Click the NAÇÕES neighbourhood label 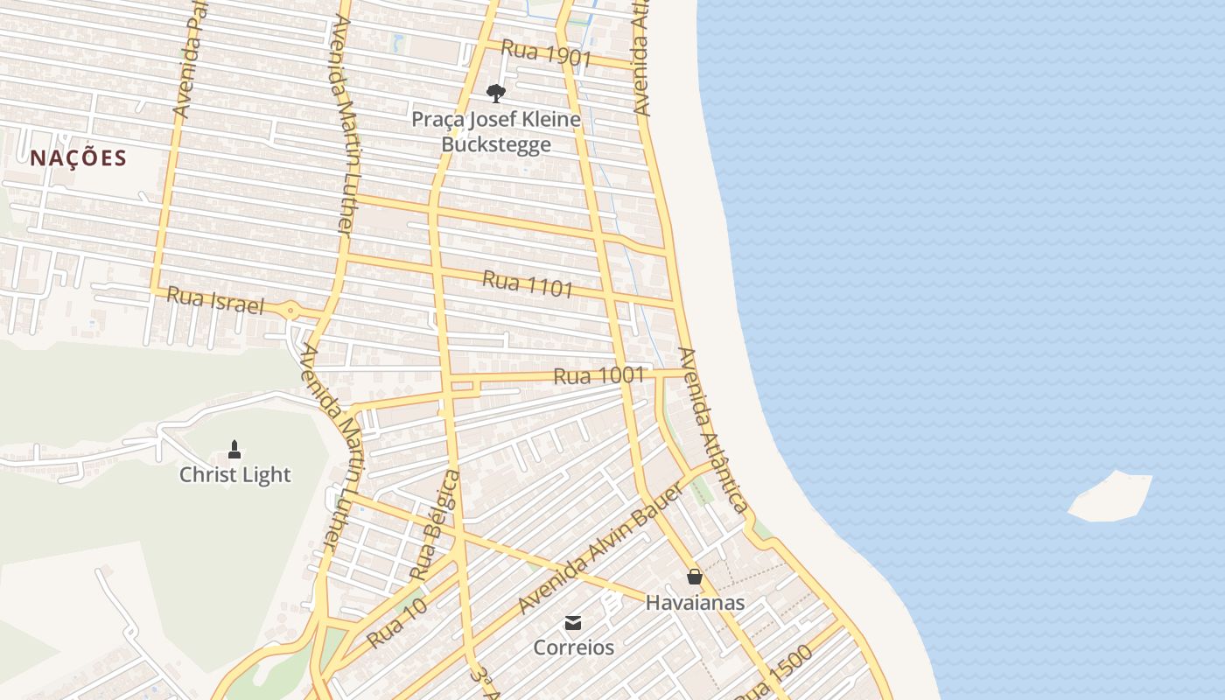click(x=79, y=158)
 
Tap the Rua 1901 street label click(x=546, y=54)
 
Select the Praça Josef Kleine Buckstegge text click(x=496, y=131)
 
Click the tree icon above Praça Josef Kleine click(x=496, y=94)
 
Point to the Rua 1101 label click(x=528, y=283)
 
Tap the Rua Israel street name click(x=214, y=300)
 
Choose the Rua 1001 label click(x=598, y=376)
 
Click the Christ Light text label click(x=234, y=475)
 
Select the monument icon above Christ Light click(x=234, y=450)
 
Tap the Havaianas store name click(x=695, y=603)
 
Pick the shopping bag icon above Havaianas click(x=695, y=577)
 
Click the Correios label click(x=574, y=648)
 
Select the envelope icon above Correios click(x=573, y=623)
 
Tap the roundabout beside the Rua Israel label click(x=290, y=309)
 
